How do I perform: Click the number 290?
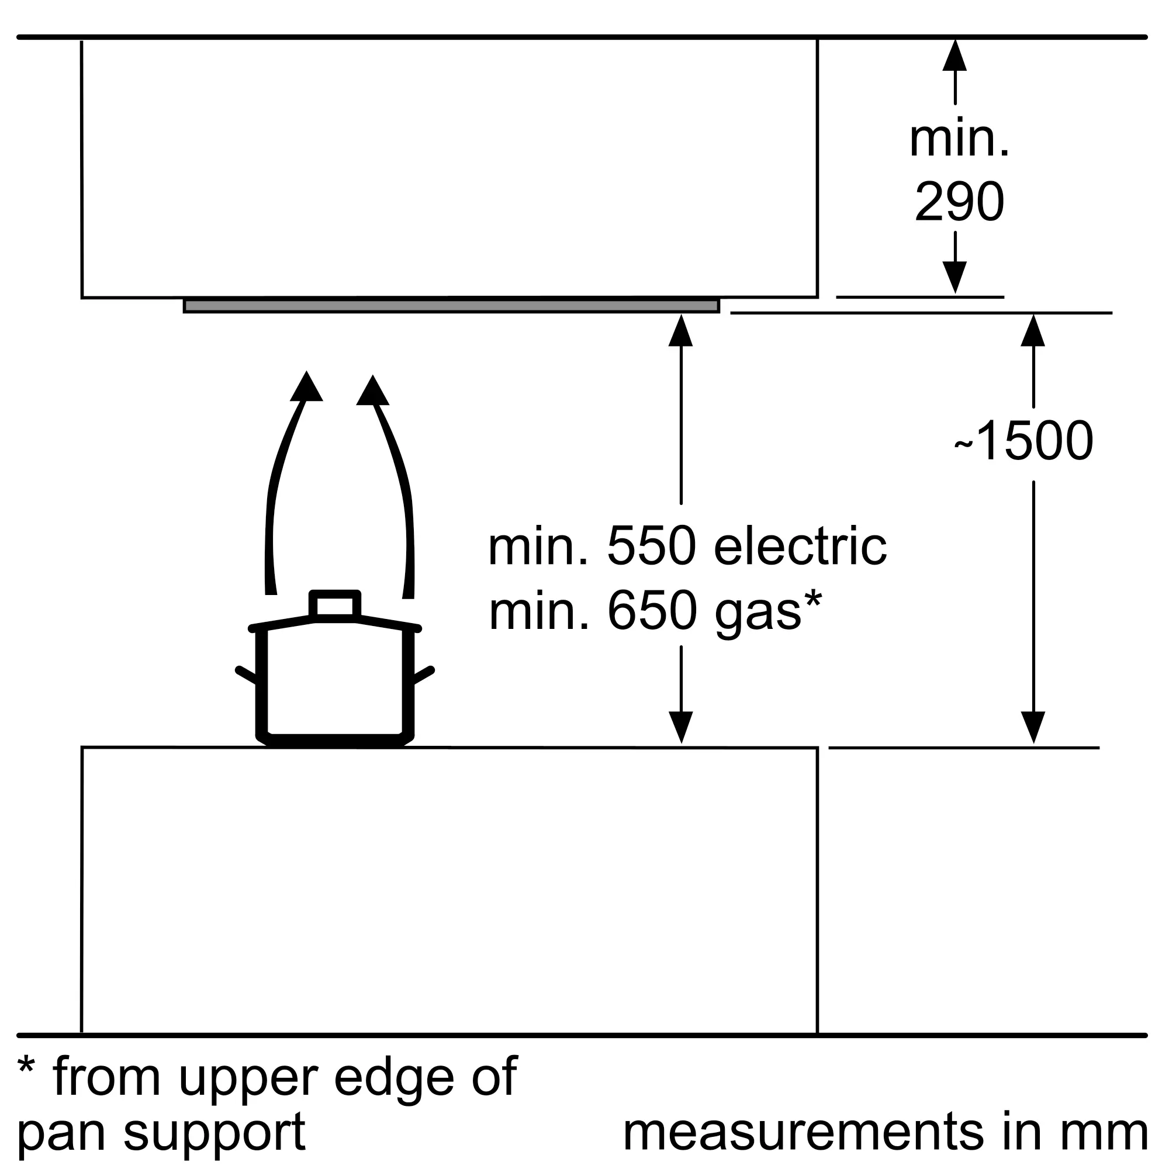pyautogui.click(x=960, y=202)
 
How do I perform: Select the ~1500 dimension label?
pyautogui.click(x=1024, y=441)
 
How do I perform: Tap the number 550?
pyautogui.click(x=652, y=547)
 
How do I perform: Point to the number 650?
pyautogui.click(x=652, y=611)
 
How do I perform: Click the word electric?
pyautogui.click(x=801, y=547)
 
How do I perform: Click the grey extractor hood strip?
pyautogui.click(x=451, y=306)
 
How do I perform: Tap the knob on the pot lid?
pyautogui.click(x=334, y=604)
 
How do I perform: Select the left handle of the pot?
pyautogui.click(x=246, y=674)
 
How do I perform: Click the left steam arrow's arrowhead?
pyautogui.click(x=306, y=385)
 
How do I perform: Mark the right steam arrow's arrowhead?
pyautogui.click(x=373, y=390)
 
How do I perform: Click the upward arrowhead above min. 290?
pyautogui.click(x=955, y=55)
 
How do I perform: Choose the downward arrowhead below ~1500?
pyautogui.click(x=1033, y=727)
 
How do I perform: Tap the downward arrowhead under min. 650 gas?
pyautogui.click(x=681, y=727)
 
